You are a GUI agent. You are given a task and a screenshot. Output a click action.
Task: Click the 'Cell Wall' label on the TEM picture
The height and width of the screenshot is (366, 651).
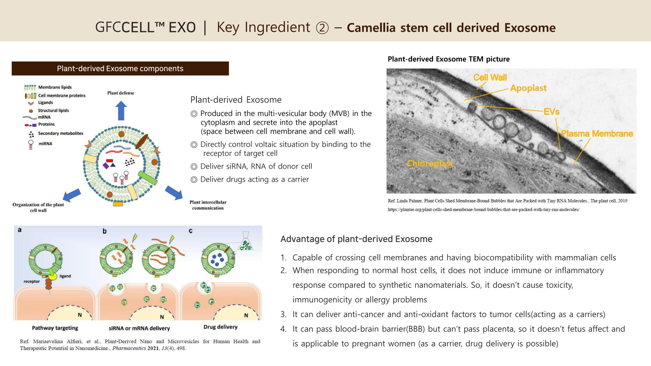click(490, 77)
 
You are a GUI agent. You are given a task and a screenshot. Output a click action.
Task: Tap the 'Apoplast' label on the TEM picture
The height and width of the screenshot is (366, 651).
click(528, 88)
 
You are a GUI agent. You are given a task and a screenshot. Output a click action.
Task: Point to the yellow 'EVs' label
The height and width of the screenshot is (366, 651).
click(551, 111)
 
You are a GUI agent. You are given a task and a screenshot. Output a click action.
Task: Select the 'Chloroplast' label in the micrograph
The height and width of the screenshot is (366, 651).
click(430, 163)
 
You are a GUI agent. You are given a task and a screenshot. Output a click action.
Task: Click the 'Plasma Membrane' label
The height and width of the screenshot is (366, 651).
click(597, 133)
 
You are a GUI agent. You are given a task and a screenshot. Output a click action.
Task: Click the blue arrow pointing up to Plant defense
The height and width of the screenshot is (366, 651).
click(121, 111)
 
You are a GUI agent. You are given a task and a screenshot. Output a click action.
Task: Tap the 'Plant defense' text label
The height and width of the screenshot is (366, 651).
click(121, 93)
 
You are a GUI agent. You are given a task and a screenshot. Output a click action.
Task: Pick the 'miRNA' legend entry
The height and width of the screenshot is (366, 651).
click(45, 144)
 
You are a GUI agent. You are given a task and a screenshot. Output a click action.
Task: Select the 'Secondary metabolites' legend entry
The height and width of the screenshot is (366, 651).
click(61, 133)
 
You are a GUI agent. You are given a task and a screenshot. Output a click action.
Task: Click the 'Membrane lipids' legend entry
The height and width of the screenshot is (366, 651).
click(55, 87)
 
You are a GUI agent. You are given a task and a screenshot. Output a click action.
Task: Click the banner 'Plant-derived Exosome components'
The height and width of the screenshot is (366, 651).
click(120, 68)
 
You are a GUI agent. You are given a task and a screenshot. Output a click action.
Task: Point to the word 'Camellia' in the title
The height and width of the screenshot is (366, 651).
click(371, 27)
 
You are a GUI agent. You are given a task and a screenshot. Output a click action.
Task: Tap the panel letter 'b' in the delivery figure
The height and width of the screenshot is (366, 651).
click(105, 231)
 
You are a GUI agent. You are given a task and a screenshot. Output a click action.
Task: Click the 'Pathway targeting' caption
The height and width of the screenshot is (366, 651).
click(55, 328)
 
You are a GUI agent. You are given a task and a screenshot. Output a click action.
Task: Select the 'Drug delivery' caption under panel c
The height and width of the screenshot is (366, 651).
click(220, 327)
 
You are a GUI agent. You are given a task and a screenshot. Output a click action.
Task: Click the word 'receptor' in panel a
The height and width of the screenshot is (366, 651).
click(32, 281)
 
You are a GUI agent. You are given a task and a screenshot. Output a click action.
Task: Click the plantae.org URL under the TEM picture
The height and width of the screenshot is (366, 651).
click(483, 209)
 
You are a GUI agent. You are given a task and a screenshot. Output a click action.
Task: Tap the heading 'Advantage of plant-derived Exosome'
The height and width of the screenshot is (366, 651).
click(356, 239)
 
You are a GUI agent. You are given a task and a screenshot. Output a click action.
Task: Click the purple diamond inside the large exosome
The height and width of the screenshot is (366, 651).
click(106, 166)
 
